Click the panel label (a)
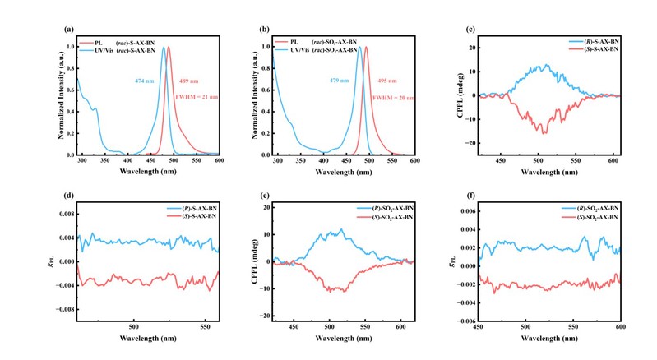[x=69, y=30]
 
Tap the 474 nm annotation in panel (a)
[x=144, y=81]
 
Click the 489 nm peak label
[x=188, y=81]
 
